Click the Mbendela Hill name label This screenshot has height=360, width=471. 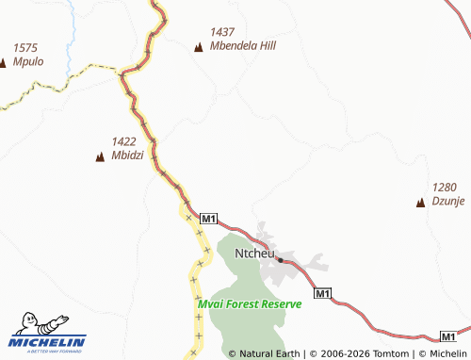click(244, 44)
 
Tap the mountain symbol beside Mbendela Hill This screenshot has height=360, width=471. click(198, 47)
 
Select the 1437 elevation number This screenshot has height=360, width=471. click(222, 31)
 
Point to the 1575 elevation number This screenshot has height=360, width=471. click(25, 48)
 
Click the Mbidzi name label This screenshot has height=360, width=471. click(127, 155)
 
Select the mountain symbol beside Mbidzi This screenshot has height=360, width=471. click(100, 157)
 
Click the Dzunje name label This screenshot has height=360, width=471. click(449, 200)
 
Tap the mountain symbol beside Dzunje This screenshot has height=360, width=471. click(420, 202)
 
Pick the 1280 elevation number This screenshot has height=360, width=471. click(445, 187)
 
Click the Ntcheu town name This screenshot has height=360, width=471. click(254, 254)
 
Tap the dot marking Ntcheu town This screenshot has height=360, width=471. click(280, 259)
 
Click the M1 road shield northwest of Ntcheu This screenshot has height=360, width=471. click(209, 220)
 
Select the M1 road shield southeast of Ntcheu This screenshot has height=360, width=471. click(322, 293)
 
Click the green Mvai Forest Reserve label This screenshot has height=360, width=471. click(250, 303)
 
